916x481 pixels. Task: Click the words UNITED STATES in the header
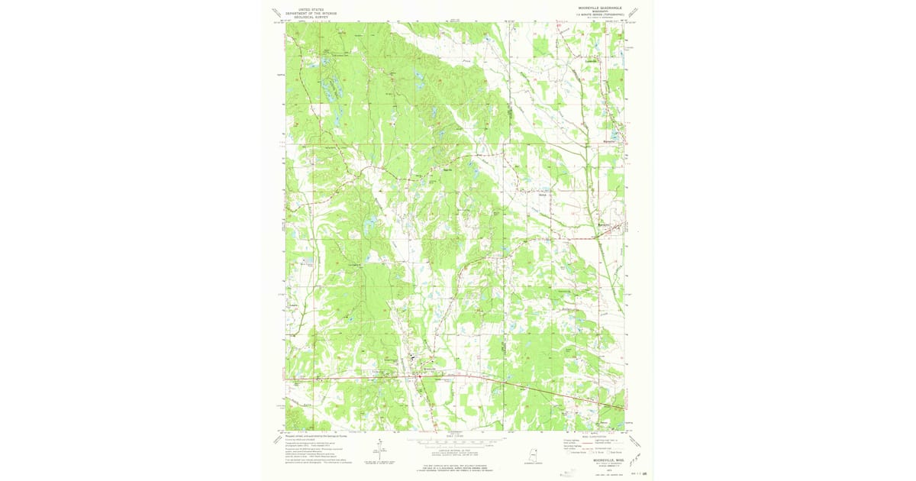(x=311, y=9)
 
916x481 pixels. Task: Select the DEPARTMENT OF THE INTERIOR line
(x=311, y=13)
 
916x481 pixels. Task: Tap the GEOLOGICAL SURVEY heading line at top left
(x=311, y=17)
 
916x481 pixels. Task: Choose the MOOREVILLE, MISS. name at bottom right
(x=597, y=460)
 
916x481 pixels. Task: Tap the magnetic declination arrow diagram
(x=379, y=449)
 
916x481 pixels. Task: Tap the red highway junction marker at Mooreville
(x=418, y=376)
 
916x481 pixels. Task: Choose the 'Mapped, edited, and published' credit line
(x=313, y=435)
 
